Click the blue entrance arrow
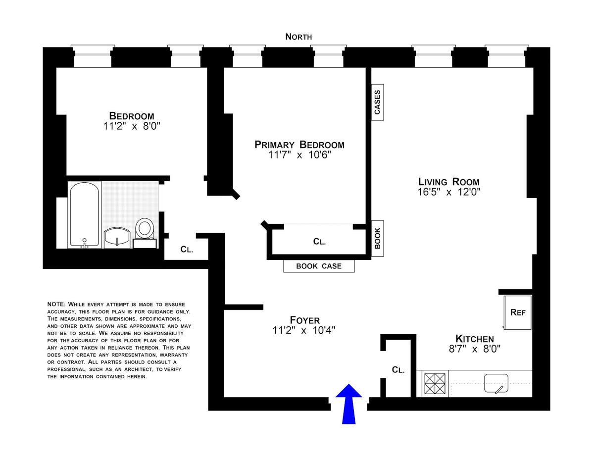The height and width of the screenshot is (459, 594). pyautogui.click(x=348, y=405)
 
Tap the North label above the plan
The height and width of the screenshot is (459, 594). pyautogui.click(x=298, y=37)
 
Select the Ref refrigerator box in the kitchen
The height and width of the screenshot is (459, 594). pyautogui.click(x=517, y=312)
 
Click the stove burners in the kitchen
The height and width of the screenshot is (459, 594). pyautogui.click(x=435, y=383)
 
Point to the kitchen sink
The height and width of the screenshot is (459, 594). pyautogui.click(x=496, y=383)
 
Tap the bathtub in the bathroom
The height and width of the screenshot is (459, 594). pyautogui.click(x=85, y=215)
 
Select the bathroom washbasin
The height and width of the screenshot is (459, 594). pyautogui.click(x=117, y=238)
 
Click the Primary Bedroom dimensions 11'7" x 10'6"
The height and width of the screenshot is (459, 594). pyautogui.click(x=299, y=155)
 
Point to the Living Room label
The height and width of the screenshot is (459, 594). pyautogui.click(x=449, y=182)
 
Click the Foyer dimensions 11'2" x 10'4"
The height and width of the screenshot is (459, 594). pyautogui.click(x=304, y=331)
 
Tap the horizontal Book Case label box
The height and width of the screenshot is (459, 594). pyautogui.click(x=319, y=266)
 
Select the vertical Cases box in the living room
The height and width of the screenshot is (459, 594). pyautogui.click(x=378, y=102)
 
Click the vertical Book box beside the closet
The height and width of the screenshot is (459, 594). pyautogui.click(x=378, y=238)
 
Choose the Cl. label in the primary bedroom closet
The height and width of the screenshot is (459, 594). pyautogui.click(x=319, y=242)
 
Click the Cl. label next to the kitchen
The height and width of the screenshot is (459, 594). pyautogui.click(x=398, y=369)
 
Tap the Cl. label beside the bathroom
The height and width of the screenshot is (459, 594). pyautogui.click(x=187, y=250)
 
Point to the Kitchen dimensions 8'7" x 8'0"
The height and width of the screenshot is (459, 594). pyautogui.click(x=475, y=349)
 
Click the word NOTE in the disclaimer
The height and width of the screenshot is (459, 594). pyautogui.click(x=56, y=305)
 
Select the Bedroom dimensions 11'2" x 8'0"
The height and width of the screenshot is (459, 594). pyautogui.click(x=132, y=126)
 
